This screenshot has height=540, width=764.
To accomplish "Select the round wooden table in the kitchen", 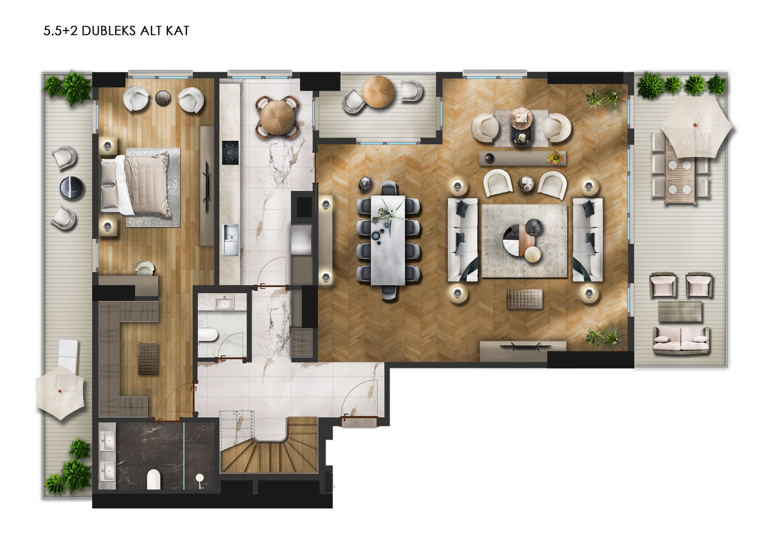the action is (x=277, y=116).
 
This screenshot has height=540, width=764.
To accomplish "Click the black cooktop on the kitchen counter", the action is (x=230, y=152).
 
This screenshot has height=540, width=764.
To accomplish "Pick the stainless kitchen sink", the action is (x=230, y=240).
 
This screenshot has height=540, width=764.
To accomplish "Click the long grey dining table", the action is (x=388, y=240).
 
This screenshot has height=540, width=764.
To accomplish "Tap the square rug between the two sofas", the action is (x=524, y=241).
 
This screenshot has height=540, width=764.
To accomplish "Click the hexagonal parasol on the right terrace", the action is (x=696, y=126).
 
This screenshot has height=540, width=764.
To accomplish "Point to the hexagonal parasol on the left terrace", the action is (x=61, y=393).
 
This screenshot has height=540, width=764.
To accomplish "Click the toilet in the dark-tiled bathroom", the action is (x=153, y=479).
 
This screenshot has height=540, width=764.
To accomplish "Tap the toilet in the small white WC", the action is (x=207, y=334).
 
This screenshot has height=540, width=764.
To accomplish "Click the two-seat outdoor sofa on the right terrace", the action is (x=681, y=340).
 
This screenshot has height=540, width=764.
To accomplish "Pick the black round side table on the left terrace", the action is (x=71, y=188).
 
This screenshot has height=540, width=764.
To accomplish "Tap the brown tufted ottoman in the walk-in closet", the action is (x=148, y=359).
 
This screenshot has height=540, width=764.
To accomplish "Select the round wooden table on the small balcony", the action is (x=378, y=92).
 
